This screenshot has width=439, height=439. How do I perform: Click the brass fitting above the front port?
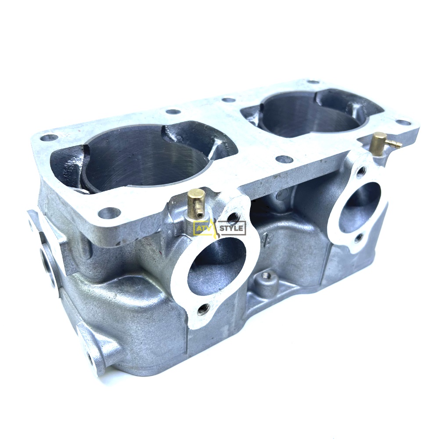pyautogui.click(x=196, y=202)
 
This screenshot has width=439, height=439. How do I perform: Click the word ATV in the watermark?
pyautogui.click(x=202, y=228)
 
